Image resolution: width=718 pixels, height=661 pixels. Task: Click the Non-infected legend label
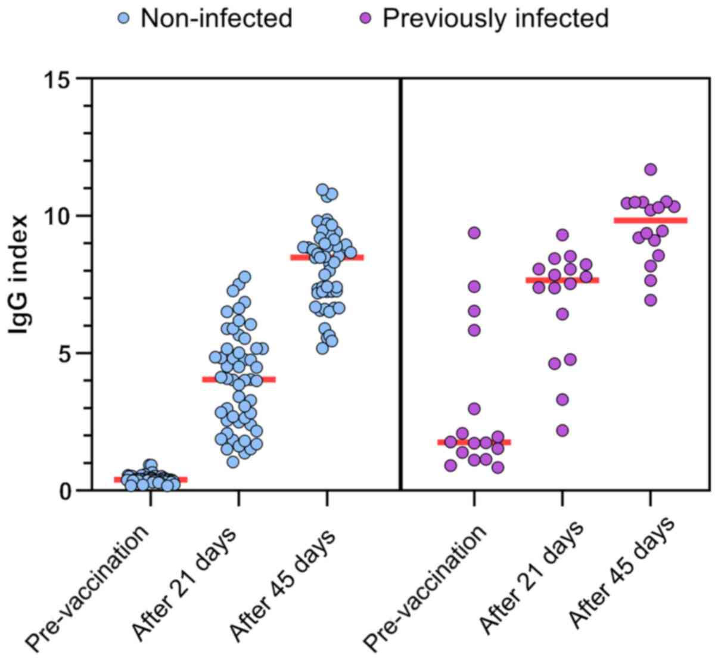[216, 18]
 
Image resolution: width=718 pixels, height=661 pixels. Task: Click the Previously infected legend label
[495, 18]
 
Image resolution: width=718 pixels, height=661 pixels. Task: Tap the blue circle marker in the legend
[124, 19]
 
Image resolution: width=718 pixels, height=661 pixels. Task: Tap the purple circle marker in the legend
[366, 19]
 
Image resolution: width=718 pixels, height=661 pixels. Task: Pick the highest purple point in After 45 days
[651, 169]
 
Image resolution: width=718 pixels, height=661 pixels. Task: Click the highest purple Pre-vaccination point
[474, 232]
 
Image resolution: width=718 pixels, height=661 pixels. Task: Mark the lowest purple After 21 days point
[562, 430]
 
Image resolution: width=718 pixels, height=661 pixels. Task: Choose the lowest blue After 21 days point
[233, 461]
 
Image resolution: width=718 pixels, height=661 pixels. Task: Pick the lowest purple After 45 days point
[651, 300]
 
